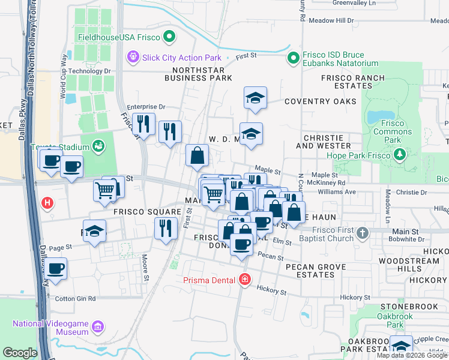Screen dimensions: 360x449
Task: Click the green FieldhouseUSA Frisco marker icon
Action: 169,38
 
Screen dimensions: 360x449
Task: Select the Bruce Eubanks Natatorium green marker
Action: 294,58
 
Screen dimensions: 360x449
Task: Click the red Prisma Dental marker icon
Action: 244,280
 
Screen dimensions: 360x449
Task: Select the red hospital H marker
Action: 47,203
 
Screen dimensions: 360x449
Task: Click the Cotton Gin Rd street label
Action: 75,298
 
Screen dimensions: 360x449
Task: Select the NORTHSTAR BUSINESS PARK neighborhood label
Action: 198,74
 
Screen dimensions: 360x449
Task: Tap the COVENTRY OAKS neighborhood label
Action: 316,101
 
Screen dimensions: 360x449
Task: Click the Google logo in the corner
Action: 20,353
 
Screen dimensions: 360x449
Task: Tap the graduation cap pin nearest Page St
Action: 95,232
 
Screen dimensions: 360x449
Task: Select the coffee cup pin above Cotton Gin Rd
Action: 56,268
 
